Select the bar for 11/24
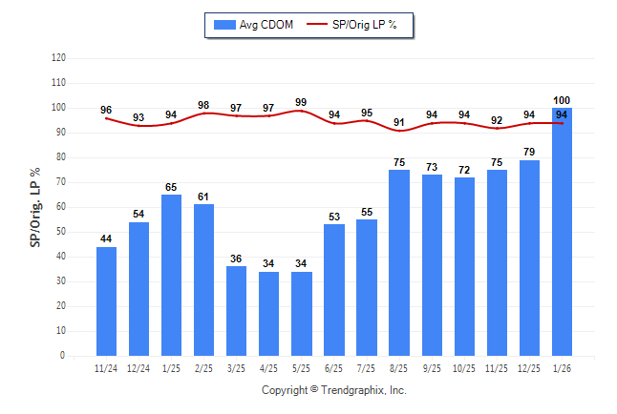click(106, 300)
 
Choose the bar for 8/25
click(399, 262)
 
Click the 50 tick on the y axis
click(61, 232)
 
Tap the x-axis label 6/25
click(334, 368)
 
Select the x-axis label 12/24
click(138, 368)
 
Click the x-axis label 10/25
click(464, 368)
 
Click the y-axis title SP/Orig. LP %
click(35, 205)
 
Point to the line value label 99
click(301, 102)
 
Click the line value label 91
click(399, 122)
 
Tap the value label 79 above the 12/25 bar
click(529, 152)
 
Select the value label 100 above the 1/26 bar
click(562, 100)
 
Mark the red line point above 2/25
click(203, 114)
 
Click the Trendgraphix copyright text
click(334, 390)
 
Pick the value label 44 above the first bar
click(106, 238)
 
